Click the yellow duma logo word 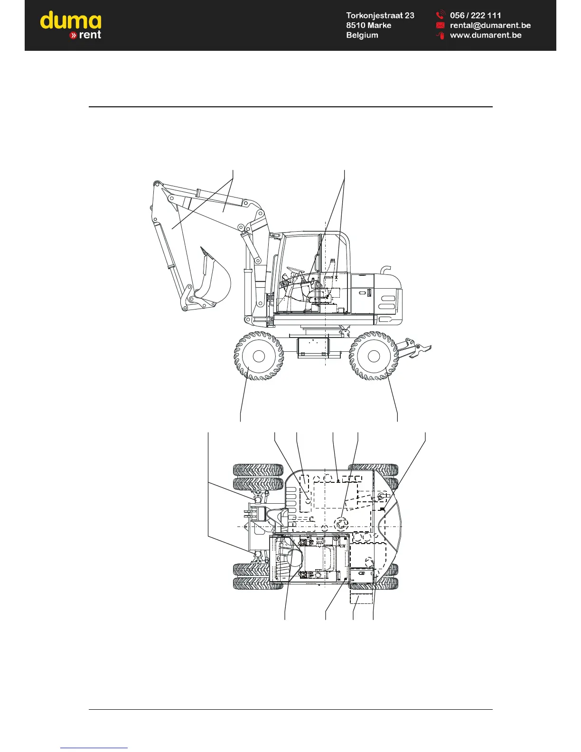coord(71,20)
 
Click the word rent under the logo coord(90,35)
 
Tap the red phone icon coord(440,15)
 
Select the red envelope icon coord(440,25)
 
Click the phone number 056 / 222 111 coord(475,15)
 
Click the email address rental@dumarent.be coord(490,25)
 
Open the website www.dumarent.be coord(486,35)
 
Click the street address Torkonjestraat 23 coord(380,16)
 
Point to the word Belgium coord(362,35)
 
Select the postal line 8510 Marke coord(368,25)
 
